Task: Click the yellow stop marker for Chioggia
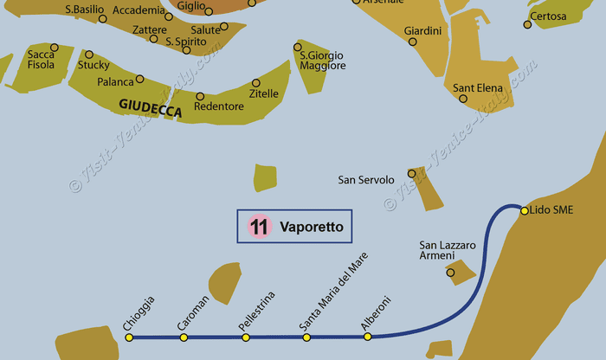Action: pos(129,337)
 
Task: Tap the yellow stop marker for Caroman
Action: pos(184,337)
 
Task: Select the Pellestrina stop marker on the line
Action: pos(245,337)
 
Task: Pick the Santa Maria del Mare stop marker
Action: pos(306,337)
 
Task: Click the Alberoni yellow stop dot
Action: pos(368,337)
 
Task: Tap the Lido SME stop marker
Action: pos(525,210)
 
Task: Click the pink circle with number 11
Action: pos(258,227)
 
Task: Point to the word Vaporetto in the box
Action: pos(312,227)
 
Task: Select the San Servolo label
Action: pos(365,180)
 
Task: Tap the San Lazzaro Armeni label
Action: pos(448,252)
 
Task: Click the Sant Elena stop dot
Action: pos(462,99)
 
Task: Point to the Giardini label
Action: pos(422,31)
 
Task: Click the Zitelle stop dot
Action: pos(255,83)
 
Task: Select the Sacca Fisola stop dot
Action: pos(55,48)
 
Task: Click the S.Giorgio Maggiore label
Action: pos(322,61)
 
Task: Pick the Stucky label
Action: pos(93,65)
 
